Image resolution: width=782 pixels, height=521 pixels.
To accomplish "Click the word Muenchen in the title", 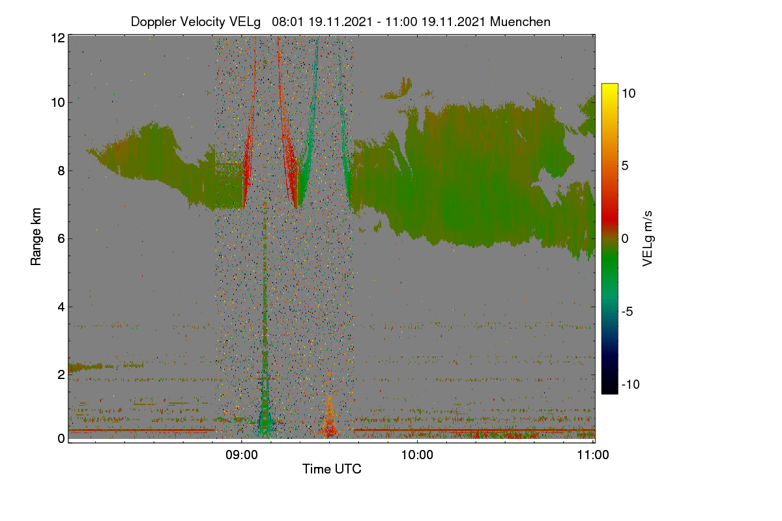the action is pyautogui.click(x=520, y=21).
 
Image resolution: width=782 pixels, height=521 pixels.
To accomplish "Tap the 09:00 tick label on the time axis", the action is pyautogui.click(x=242, y=455).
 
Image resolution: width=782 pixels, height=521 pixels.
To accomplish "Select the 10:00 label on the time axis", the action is pyautogui.click(x=417, y=455).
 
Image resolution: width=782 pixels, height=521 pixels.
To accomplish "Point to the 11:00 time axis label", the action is pyautogui.click(x=593, y=455).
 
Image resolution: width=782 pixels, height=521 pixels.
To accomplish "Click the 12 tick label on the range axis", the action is pyautogui.click(x=58, y=38).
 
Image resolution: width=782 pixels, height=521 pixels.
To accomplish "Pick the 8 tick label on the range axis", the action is pyautogui.click(x=62, y=171).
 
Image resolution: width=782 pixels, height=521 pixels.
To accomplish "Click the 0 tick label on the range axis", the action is pyautogui.click(x=62, y=439).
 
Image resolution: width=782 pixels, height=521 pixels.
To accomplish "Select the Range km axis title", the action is pyautogui.click(x=36, y=236).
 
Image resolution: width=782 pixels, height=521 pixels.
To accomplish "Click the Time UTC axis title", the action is pyautogui.click(x=332, y=469).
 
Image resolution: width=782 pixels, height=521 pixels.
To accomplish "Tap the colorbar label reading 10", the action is pyautogui.click(x=629, y=94).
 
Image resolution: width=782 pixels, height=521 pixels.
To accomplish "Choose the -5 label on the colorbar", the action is pyautogui.click(x=628, y=311).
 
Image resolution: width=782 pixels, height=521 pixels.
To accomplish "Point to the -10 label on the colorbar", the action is pyautogui.click(x=631, y=384).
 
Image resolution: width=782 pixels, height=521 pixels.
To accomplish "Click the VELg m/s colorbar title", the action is pyautogui.click(x=648, y=239).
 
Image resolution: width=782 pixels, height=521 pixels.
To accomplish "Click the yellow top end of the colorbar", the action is pyautogui.click(x=609, y=85).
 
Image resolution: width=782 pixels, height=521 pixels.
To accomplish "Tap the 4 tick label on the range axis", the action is pyautogui.click(x=62, y=307).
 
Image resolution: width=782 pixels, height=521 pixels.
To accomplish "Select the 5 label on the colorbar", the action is pyautogui.click(x=625, y=166).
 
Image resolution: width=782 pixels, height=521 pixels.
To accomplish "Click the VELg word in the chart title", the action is pyautogui.click(x=245, y=22).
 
